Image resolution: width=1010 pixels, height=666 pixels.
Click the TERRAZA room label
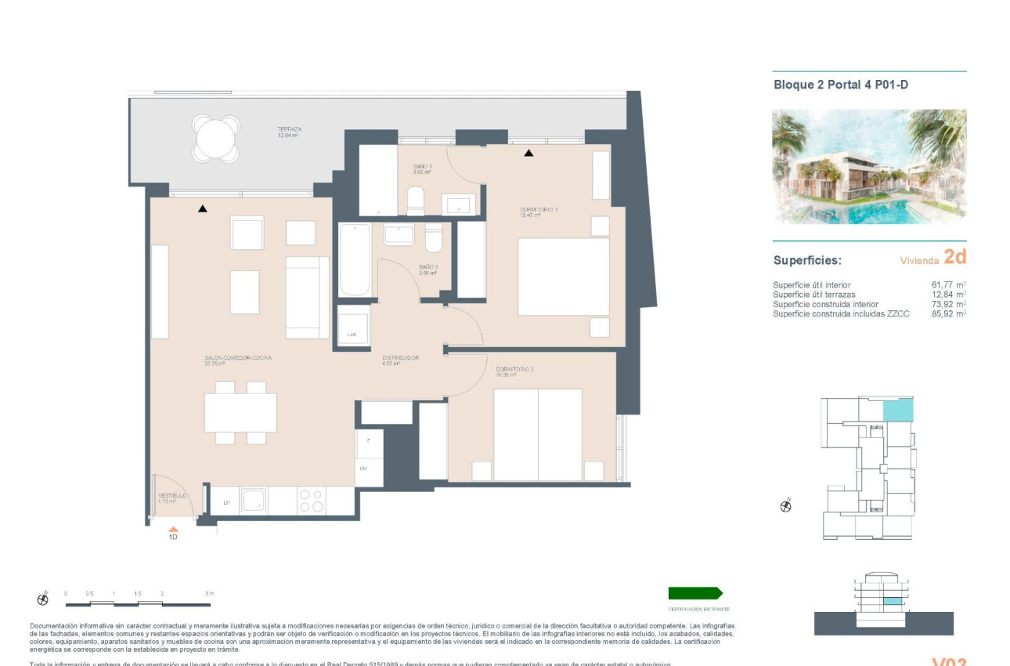tap(289, 129)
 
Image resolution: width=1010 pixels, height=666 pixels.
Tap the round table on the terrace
tap(217, 139)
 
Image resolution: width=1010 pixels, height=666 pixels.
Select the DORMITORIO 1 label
tap(539, 210)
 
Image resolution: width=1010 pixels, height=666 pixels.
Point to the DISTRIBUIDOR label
tap(400, 357)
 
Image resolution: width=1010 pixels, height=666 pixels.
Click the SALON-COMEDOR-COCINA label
tap(238, 357)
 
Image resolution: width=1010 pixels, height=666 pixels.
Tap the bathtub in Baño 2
tap(355, 260)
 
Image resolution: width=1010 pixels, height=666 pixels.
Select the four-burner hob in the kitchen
tap(311, 501)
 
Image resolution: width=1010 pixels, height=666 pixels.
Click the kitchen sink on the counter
tap(254, 501)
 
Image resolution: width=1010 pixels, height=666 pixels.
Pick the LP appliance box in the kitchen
tap(225, 502)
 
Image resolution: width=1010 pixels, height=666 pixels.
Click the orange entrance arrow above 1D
tap(173, 530)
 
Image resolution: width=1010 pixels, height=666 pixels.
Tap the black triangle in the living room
tap(203, 208)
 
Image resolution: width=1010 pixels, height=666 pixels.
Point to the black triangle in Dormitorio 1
tap(528, 153)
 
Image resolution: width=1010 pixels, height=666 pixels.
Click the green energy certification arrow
tap(695, 593)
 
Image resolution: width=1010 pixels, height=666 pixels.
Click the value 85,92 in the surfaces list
tap(943, 313)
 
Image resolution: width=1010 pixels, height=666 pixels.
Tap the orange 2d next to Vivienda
tap(955, 257)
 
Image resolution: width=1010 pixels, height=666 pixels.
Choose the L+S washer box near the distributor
tap(352, 335)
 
